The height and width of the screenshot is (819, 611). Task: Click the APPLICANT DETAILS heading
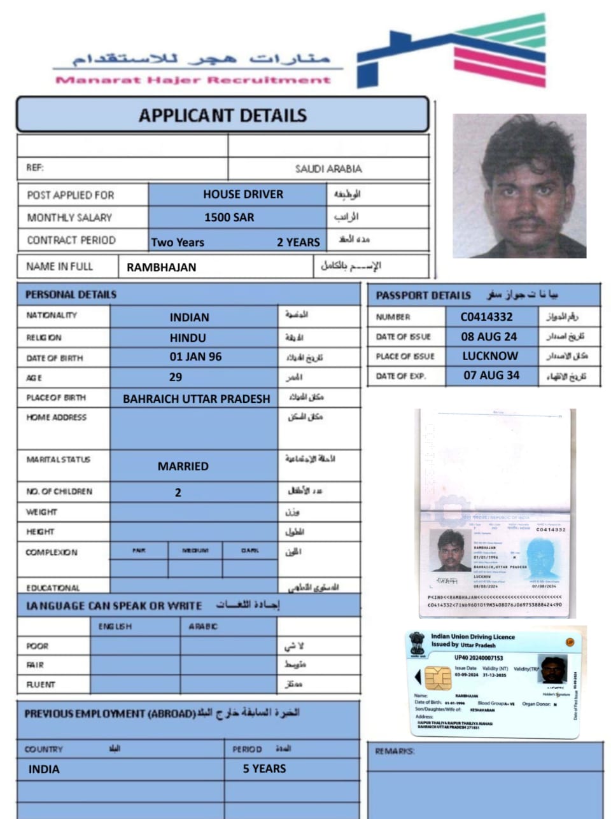(223, 115)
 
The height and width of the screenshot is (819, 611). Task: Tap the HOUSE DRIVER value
(243, 194)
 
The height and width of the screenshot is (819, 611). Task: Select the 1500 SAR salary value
(229, 217)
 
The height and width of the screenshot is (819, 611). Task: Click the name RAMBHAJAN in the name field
(161, 267)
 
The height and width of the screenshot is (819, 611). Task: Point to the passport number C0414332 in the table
(486, 316)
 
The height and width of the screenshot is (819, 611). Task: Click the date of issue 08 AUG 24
(489, 336)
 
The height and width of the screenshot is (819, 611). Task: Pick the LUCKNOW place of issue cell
(490, 356)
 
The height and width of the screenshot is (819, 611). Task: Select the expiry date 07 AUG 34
(491, 375)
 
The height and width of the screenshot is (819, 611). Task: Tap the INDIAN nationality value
(189, 317)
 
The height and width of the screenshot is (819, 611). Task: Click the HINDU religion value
(188, 338)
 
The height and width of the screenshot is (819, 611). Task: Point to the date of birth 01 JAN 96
(195, 357)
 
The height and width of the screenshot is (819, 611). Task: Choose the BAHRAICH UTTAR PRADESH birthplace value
(196, 399)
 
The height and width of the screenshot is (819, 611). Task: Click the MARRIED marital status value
(183, 466)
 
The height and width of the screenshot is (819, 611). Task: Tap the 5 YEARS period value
(264, 769)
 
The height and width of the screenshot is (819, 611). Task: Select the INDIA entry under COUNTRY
(44, 769)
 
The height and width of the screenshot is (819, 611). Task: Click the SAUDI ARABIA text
(328, 169)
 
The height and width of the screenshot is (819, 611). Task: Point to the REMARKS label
(395, 752)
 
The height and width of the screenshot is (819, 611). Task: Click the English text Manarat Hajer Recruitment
(193, 80)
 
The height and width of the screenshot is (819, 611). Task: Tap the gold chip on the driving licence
(438, 678)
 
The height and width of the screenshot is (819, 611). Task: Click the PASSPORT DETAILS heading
(423, 295)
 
